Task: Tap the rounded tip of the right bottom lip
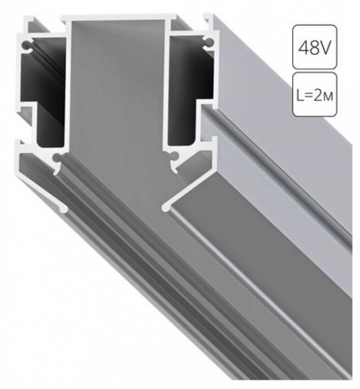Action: click(x=166, y=208)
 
